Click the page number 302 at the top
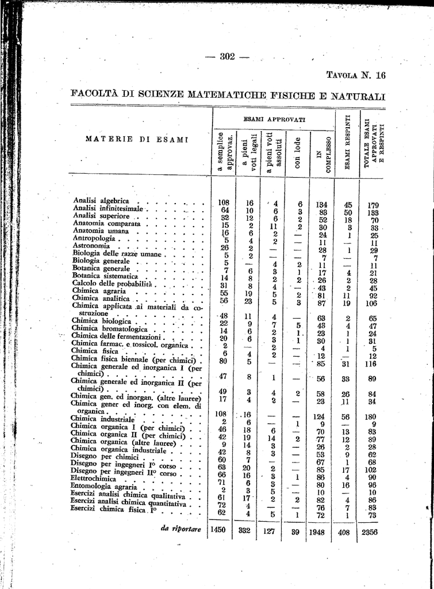click(228, 56)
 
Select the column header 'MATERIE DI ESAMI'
click(137, 139)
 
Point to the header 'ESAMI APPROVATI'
click(274, 119)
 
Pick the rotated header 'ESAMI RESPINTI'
click(347, 142)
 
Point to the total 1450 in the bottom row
click(221, 530)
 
